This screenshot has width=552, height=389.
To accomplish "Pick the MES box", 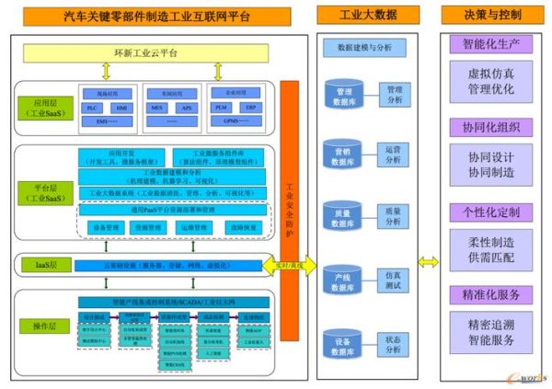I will click(x=155, y=108).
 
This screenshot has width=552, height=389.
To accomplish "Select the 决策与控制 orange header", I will click(x=491, y=16).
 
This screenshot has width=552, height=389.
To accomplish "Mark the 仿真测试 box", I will click(x=393, y=280).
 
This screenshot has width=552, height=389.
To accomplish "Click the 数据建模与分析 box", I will click(x=366, y=45).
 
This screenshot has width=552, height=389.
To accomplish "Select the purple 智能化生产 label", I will click(x=490, y=43).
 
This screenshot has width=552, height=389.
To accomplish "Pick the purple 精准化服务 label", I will click(x=490, y=294).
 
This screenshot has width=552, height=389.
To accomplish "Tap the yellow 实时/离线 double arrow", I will click(x=293, y=266).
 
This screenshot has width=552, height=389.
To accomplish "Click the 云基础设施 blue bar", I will click(x=165, y=265).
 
